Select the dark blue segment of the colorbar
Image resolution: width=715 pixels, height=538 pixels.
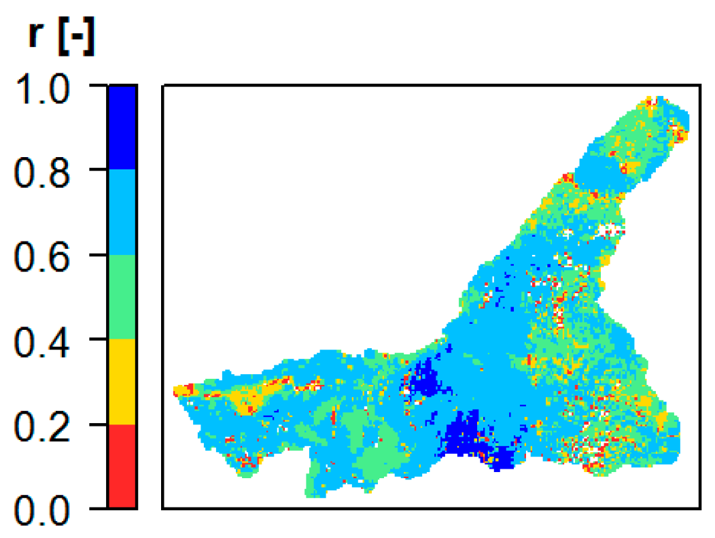122,127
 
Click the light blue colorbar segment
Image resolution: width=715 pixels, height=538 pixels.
122,212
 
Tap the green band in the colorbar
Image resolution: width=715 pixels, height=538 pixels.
122,297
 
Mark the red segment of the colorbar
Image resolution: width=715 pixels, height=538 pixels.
122,466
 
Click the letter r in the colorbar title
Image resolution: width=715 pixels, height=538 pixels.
39,37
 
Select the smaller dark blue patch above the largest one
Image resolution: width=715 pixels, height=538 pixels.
425,377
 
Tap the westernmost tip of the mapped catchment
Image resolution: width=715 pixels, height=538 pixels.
176,390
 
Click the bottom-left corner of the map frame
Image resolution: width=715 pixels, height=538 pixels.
163,507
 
